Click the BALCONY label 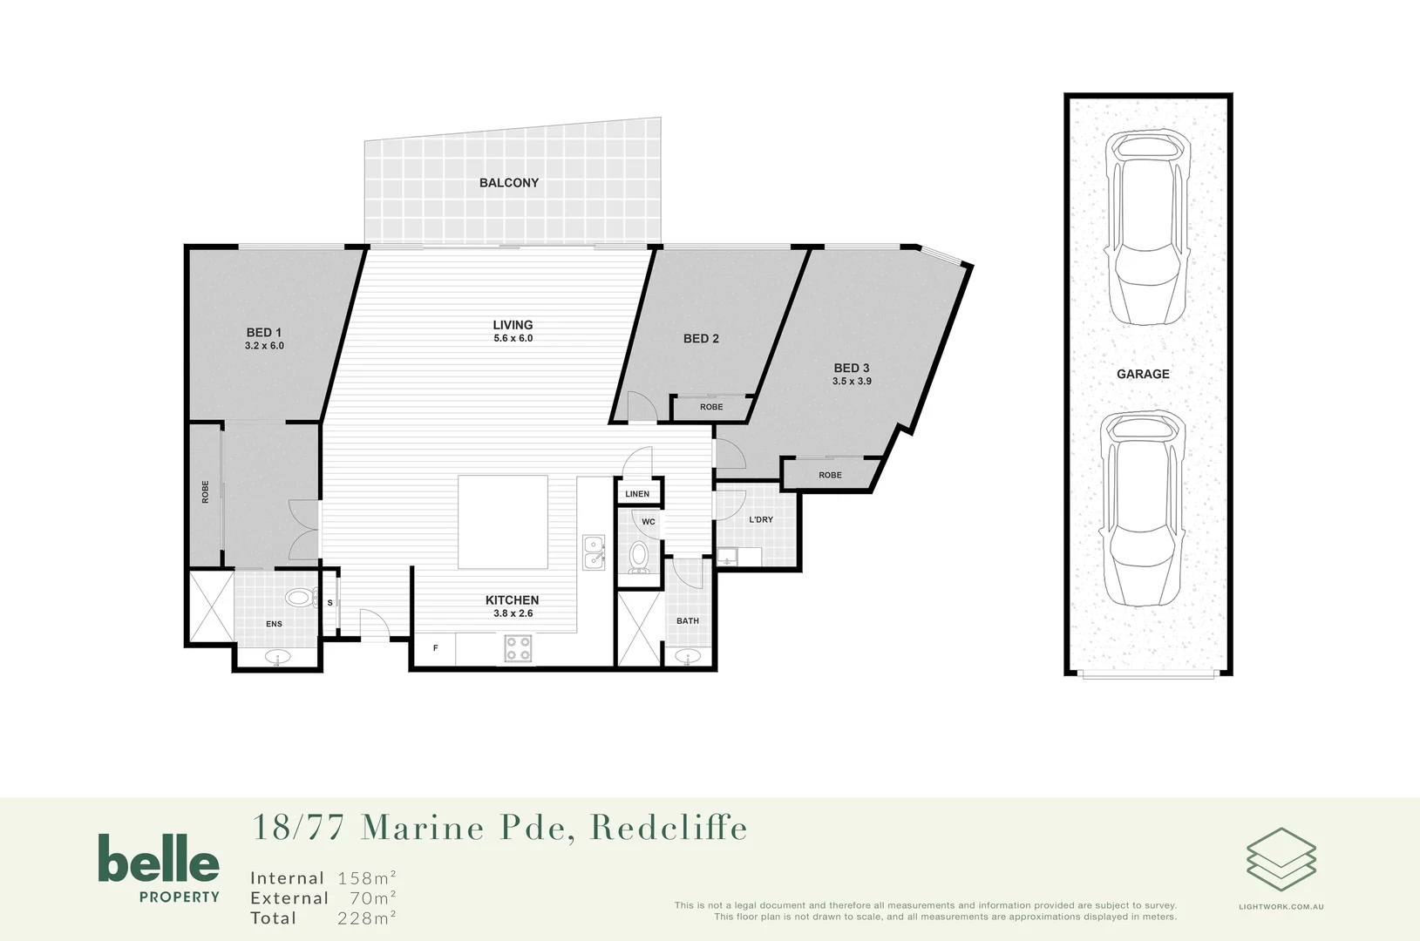click(508, 183)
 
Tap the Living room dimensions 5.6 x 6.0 click(513, 338)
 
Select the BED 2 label click(701, 339)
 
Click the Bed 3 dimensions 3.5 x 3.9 click(852, 382)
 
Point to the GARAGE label click(1143, 374)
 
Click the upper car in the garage click(1147, 228)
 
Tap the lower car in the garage click(1143, 509)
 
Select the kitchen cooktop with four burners click(518, 648)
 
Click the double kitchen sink click(594, 552)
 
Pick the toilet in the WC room click(640, 557)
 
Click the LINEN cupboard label click(637, 494)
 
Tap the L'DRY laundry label click(761, 520)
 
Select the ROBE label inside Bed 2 click(711, 407)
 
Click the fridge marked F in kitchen click(436, 648)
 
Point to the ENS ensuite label click(274, 624)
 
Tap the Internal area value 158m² click(367, 878)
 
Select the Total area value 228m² click(367, 918)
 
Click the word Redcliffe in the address click(669, 828)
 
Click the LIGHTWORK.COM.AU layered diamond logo click(1281, 859)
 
